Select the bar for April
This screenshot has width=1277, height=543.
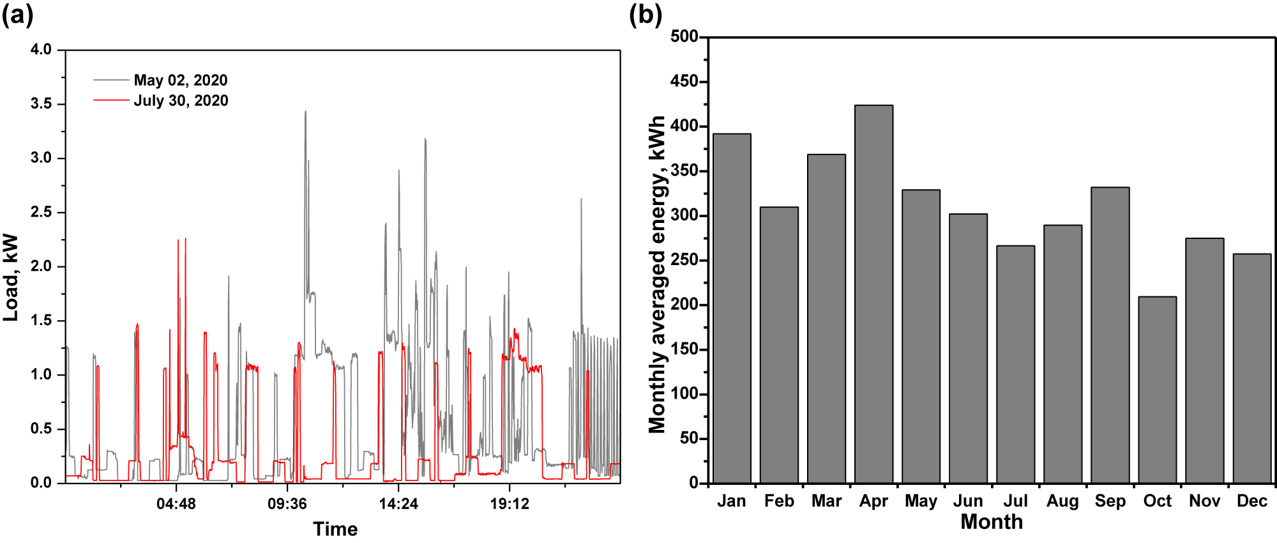click(x=873, y=294)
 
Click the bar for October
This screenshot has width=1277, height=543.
click(x=1157, y=390)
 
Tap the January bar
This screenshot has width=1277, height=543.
click(x=732, y=309)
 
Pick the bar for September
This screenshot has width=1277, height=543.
click(x=1110, y=335)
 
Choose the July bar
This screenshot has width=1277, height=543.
click(x=1015, y=364)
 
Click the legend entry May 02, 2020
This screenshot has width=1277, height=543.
click(x=180, y=80)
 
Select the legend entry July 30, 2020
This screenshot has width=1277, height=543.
click(x=181, y=101)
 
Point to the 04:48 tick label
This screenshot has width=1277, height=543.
click(x=176, y=504)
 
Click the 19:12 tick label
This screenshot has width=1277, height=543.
click(x=510, y=504)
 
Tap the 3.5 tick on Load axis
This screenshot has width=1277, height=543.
click(x=41, y=103)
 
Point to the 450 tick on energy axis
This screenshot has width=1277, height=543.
click(x=684, y=82)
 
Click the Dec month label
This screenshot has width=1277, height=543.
click(x=1251, y=501)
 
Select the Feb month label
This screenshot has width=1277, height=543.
click(x=779, y=501)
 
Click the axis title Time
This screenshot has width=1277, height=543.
click(x=335, y=529)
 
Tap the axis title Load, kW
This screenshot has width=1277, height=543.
click(x=11, y=277)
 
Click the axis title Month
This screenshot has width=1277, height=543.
click(x=992, y=522)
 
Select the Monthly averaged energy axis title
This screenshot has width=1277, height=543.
click(x=657, y=275)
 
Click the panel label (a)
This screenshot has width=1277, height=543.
click(x=17, y=14)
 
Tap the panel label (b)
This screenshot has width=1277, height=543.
click(x=646, y=14)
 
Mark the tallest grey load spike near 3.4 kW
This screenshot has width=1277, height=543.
click(x=305, y=114)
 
